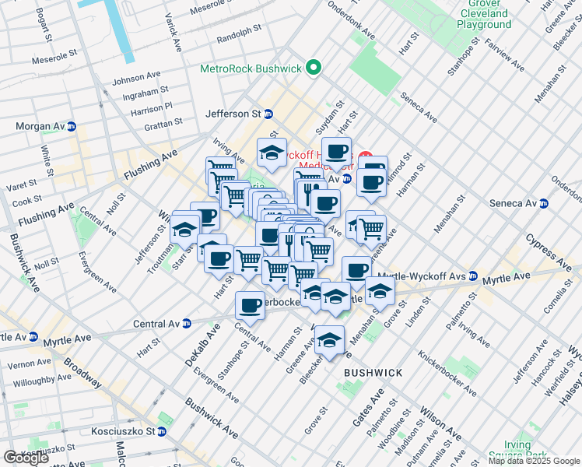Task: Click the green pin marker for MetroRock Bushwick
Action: click(x=314, y=68)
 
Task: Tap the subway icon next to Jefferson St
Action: click(x=268, y=114)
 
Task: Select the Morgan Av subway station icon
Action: click(x=72, y=126)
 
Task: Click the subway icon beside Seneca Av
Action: click(x=544, y=204)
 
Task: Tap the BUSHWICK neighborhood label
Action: click(x=373, y=373)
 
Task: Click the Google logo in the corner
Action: click(x=26, y=458)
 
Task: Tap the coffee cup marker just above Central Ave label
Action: click(x=251, y=305)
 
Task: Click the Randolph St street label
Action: click(x=239, y=33)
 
